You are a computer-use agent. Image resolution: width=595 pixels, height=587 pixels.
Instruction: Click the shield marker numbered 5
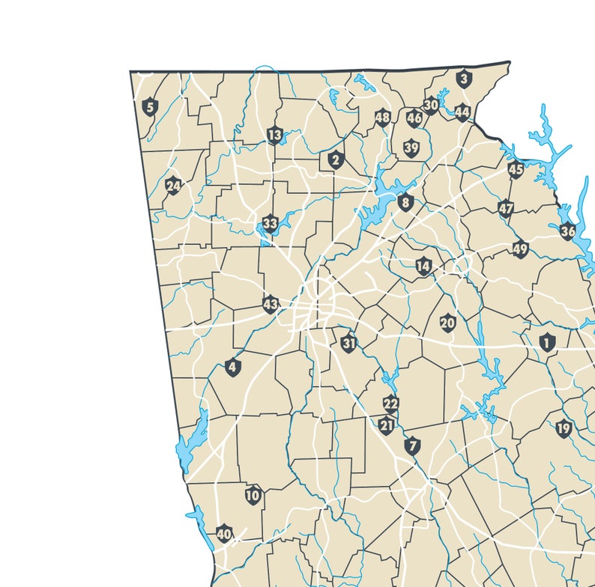click(150, 107)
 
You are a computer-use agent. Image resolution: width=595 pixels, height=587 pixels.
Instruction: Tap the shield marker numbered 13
click(274, 136)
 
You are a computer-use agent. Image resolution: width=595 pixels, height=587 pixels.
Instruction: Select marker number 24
click(173, 186)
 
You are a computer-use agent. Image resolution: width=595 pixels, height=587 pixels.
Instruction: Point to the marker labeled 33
click(270, 224)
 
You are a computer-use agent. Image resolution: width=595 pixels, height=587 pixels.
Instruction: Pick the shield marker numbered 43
click(271, 305)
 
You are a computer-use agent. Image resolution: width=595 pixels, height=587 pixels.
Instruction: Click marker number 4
click(232, 368)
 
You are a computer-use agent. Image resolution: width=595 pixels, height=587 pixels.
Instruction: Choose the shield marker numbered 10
click(253, 495)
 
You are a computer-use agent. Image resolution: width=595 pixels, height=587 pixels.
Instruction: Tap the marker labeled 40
click(224, 535)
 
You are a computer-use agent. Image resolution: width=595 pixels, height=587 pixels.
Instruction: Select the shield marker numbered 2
click(335, 159)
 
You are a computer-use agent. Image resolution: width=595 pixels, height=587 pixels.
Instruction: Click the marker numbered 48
click(383, 118)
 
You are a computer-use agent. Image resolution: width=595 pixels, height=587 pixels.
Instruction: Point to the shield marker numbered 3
click(464, 78)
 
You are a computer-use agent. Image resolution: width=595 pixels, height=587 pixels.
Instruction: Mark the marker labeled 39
click(411, 148)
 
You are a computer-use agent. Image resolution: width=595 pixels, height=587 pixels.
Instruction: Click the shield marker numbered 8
click(405, 202)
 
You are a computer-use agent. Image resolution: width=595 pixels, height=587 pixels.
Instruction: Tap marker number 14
click(424, 266)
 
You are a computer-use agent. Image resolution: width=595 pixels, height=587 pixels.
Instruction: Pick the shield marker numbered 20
click(447, 323)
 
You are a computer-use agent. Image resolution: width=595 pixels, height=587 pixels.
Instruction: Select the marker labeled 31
click(348, 344)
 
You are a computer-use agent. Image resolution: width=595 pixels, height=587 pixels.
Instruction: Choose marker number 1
click(547, 343)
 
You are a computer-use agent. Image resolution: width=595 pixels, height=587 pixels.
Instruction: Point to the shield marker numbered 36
click(567, 231)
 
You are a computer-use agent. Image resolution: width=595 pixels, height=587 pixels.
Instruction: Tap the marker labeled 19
click(564, 429)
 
